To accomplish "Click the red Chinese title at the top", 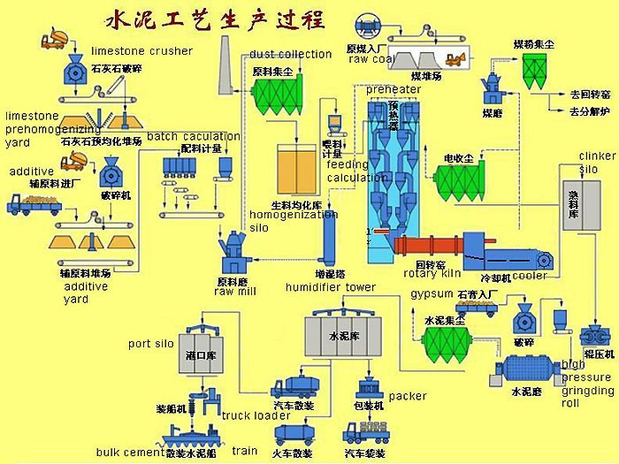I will tap(214, 19).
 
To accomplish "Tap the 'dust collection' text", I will tap(290, 55).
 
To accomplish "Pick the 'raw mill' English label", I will tap(235, 292).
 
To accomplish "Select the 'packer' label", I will tap(407, 397).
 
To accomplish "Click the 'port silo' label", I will tap(151, 343).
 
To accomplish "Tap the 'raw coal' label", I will tap(371, 59).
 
